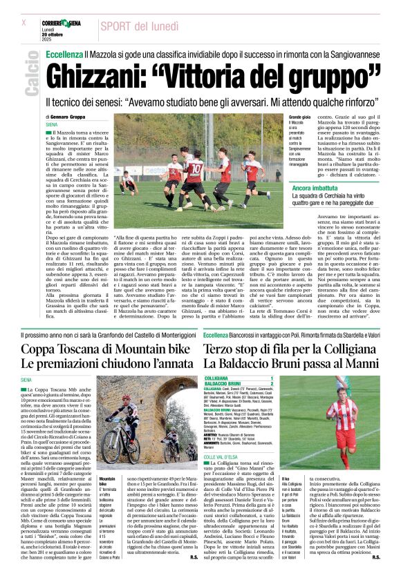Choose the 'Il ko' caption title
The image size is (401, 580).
[286, 478]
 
